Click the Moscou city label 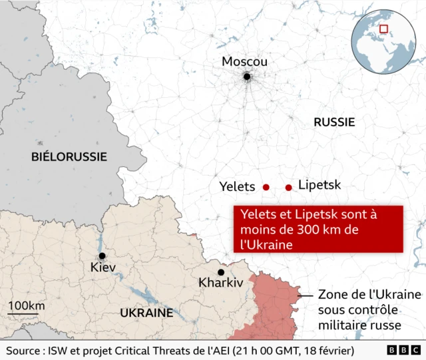[244, 61]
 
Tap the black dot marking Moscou [247, 77]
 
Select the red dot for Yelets [266, 188]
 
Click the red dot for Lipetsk [288, 188]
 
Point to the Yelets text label [237, 187]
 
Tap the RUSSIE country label [334, 122]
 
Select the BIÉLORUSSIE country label [69, 156]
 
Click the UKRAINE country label [146, 313]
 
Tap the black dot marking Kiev [102, 256]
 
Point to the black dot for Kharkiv [221, 272]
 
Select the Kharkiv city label [220, 283]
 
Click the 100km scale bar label [26, 305]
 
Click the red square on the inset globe [383, 29]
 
